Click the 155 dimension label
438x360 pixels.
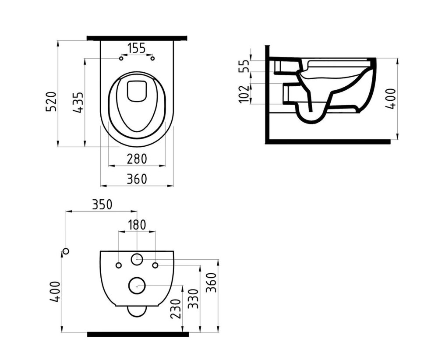pyautogui.click(x=137, y=48)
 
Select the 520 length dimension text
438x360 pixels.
pyautogui.click(x=52, y=101)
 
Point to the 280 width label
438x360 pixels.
pyautogui.click(x=137, y=159)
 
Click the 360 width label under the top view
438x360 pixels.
pyautogui.click(x=137, y=179)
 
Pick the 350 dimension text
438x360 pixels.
pyautogui.click(x=102, y=205)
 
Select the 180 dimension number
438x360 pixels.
pyautogui.click(x=137, y=225)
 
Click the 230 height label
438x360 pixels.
pyautogui.click(x=176, y=309)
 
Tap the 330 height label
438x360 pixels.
pyautogui.click(x=193, y=299)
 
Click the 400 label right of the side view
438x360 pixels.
pyautogui.click(x=391, y=99)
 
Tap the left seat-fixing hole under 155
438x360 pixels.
pyautogui.click(x=121, y=58)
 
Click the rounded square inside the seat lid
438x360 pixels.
pyautogui.click(x=137, y=91)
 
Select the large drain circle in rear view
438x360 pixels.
pyautogui.click(x=137, y=286)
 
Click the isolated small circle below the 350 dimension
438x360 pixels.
pyautogui.click(x=66, y=251)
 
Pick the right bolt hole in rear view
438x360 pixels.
pyautogui.click(x=155, y=265)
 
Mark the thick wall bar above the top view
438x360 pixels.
pyautogui.click(x=137, y=38)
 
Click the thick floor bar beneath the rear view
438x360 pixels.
pyautogui.click(x=138, y=334)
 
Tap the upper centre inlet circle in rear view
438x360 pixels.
pyautogui.click(x=137, y=259)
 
